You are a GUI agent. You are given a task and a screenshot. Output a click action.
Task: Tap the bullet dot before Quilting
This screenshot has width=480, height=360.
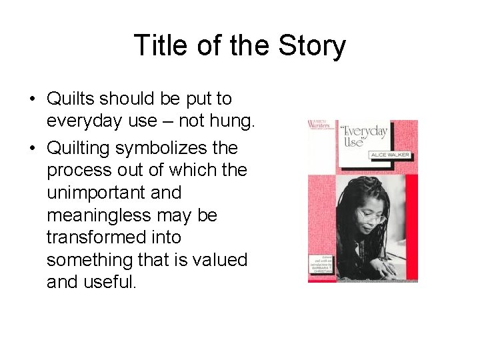click(x=32, y=147)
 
